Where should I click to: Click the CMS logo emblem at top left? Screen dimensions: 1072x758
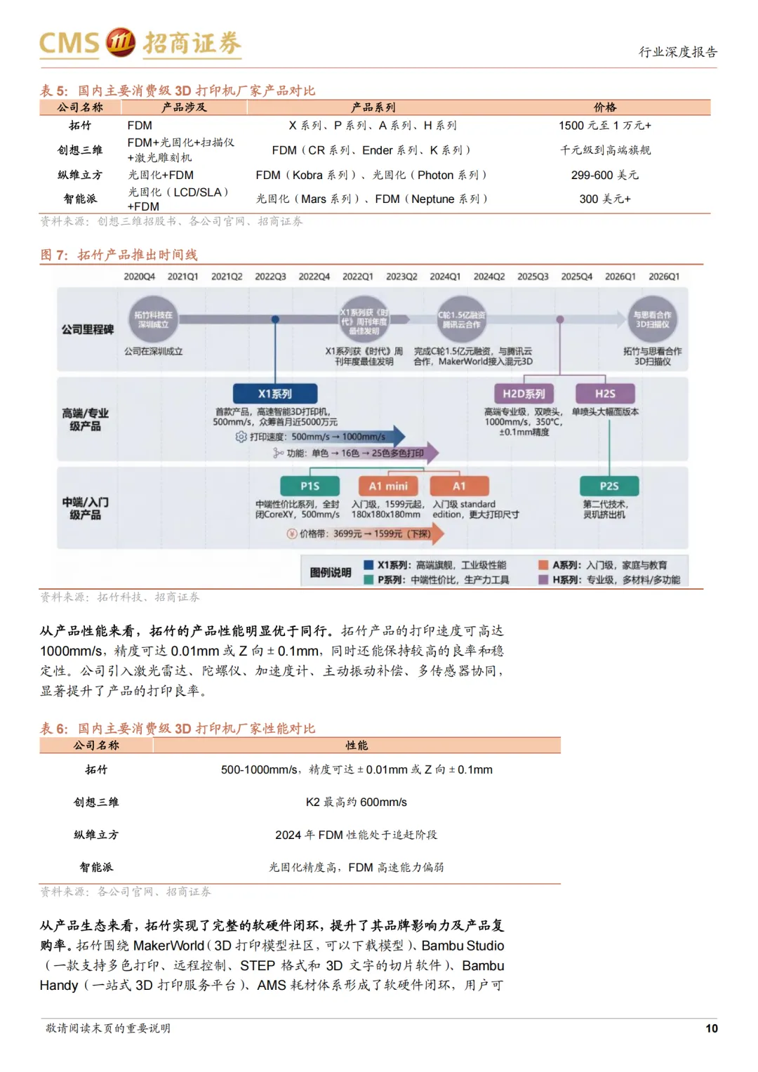coord(120,43)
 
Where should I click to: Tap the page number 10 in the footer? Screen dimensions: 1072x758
coord(711,1028)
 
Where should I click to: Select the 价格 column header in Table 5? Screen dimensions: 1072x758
coord(604,107)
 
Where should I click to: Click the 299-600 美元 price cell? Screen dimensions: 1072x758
coord(604,175)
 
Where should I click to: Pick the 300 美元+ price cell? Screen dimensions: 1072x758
coord(604,199)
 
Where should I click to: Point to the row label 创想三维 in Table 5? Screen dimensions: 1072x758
coord(80,150)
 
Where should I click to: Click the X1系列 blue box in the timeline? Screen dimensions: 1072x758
coord(274,394)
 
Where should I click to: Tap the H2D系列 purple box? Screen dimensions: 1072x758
coord(524,394)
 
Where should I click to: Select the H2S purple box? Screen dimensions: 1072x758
coord(605,394)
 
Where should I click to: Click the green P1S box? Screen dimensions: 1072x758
coord(310,486)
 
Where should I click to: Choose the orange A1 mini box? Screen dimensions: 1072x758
coord(388,486)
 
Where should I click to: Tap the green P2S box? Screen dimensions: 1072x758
coord(609,486)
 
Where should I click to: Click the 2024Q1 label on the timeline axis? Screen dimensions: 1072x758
coord(445,277)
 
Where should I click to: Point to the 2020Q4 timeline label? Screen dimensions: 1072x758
coord(139,277)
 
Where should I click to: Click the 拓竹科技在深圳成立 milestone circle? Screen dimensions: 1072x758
coord(153,319)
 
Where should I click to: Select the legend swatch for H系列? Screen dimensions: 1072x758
coord(543,580)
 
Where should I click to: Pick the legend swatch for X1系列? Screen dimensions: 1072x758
coord(368,565)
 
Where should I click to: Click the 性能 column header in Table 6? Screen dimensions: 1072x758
coord(357,745)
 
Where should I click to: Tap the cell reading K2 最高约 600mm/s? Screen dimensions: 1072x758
coord(357,802)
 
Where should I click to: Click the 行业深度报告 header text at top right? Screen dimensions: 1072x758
coord(677,52)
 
